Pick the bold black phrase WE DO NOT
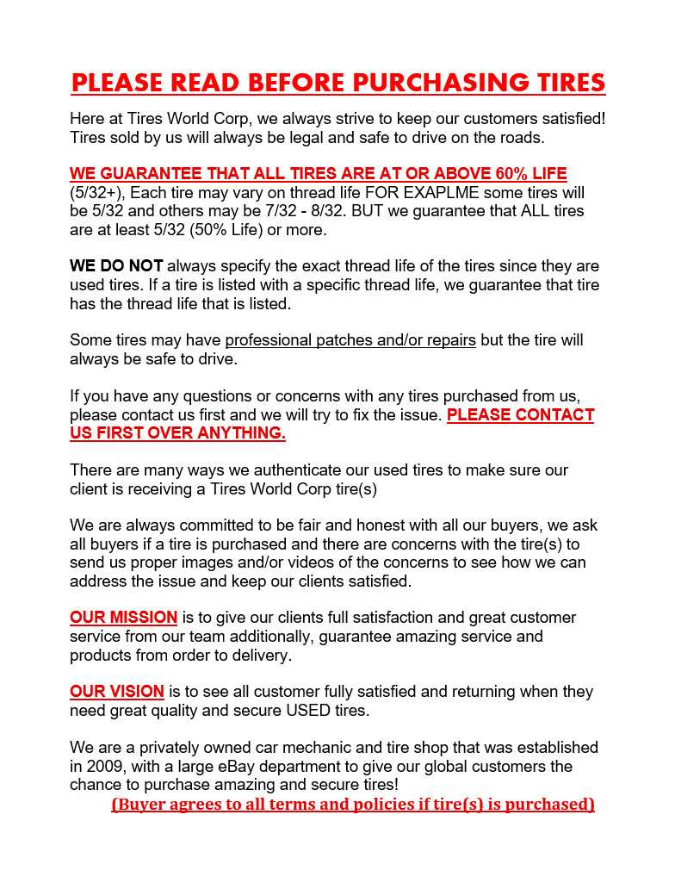point(115,266)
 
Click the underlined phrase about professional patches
point(350,340)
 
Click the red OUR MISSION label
point(123,618)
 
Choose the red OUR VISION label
point(116,692)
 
